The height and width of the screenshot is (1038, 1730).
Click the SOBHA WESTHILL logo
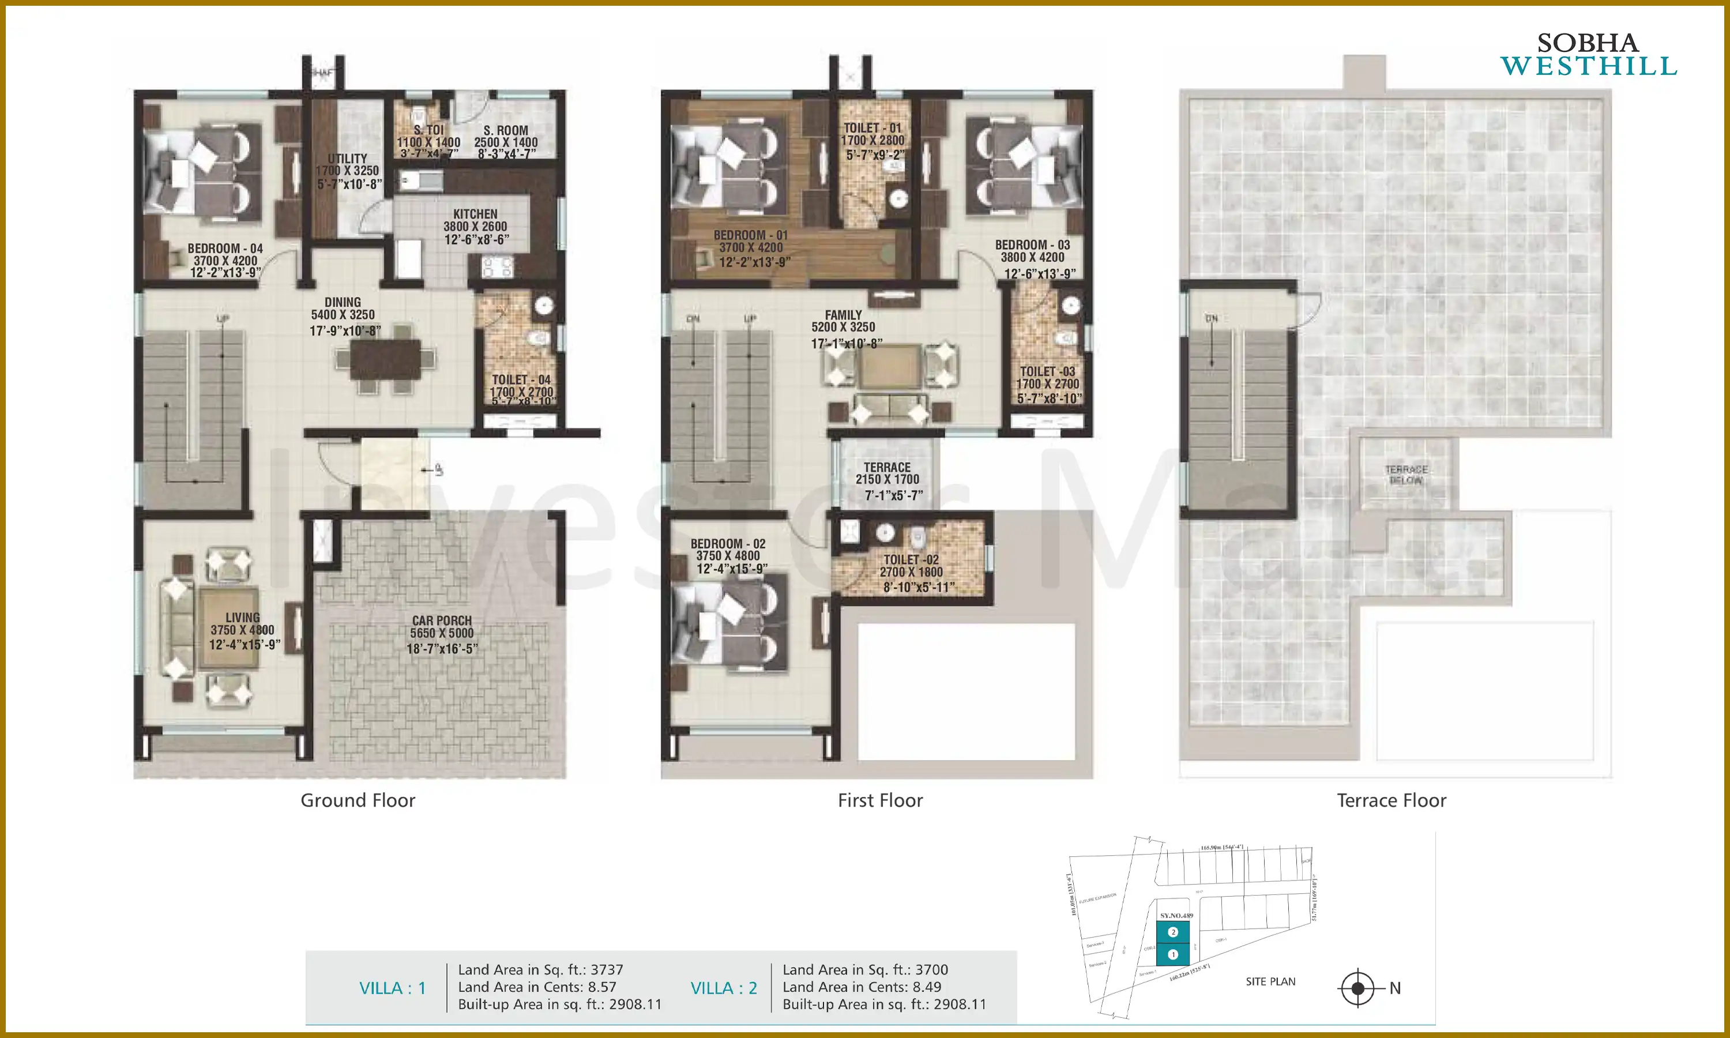1588,55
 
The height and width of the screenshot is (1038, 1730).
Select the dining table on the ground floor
385,359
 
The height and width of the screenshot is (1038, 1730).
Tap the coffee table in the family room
889,366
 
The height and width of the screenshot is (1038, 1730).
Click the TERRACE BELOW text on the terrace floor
1406,474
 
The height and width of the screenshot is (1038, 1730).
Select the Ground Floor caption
358,800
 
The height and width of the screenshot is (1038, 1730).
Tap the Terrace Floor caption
1391,800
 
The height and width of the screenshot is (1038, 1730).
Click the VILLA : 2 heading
724,988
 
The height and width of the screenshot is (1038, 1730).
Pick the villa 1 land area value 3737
606,969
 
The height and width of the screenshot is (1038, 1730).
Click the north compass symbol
1357,988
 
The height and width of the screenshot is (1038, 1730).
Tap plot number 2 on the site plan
1174,932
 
